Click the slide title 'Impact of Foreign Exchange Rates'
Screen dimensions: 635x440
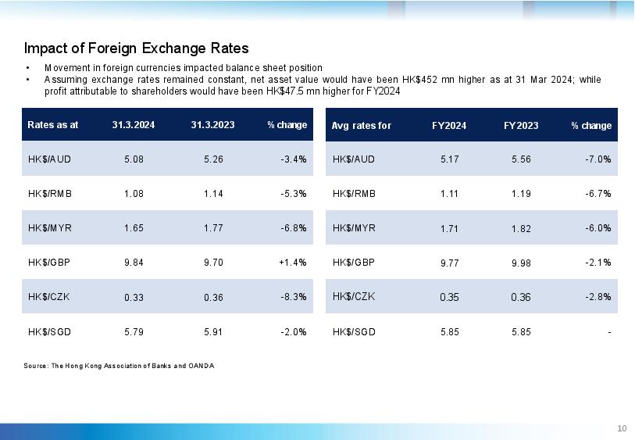tap(136, 48)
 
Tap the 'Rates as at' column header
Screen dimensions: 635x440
tap(52, 125)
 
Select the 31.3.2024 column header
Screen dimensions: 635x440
tap(134, 125)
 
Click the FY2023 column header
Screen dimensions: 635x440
tap(521, 126)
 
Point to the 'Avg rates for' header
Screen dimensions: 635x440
tap(361, 126)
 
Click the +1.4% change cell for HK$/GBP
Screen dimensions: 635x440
tap(292, 263)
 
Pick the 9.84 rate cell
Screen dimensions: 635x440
tap(134, 263)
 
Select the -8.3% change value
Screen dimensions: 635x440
tap(293, 297)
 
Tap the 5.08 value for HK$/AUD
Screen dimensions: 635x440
tap(134, 159)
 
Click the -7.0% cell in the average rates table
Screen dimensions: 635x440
tap(598, 159)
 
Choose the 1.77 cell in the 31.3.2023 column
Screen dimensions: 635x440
tap(213, 228)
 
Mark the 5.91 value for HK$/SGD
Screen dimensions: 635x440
tap(213, 332)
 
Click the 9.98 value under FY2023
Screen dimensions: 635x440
tap(521, 263)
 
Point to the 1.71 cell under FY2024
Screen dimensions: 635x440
tap(449, 229)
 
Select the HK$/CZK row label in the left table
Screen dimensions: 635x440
tap(48, 297)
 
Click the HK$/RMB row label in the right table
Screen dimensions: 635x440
tap(354, 194)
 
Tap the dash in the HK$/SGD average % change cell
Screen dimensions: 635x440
tap(609, 333)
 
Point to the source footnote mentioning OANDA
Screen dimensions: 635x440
tap(119, 366)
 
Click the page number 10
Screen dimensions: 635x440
tap(622, 428)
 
